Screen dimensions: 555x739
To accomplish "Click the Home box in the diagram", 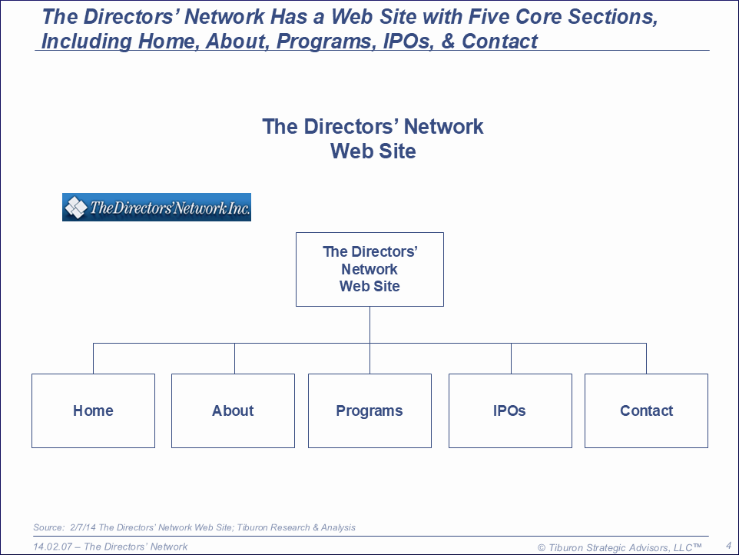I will coord(93,410).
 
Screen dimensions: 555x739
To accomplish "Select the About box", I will coord(233,410).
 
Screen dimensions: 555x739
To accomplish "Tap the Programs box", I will coord(369,410).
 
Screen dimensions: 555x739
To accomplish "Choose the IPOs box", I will coord(510,410).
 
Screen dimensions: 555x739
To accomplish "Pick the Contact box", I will coord(646,410).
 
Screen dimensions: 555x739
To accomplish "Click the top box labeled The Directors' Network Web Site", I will coord(369,269).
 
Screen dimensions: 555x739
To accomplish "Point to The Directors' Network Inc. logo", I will coord(157,207).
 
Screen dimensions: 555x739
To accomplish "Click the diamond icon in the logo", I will coord(75,207).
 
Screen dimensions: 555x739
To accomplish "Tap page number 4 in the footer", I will coord(728,545).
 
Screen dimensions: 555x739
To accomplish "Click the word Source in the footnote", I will coord(47,527).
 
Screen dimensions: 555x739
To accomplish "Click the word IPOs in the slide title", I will coord(406,41).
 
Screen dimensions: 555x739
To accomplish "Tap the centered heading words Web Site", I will coord(373,151).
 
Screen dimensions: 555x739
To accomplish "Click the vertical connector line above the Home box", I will coord(93,358).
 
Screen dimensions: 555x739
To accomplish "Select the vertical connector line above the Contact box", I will coord(646,358).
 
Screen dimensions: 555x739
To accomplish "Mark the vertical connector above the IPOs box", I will coord(511,358).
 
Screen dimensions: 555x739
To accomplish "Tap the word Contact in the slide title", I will coord(500,41).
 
